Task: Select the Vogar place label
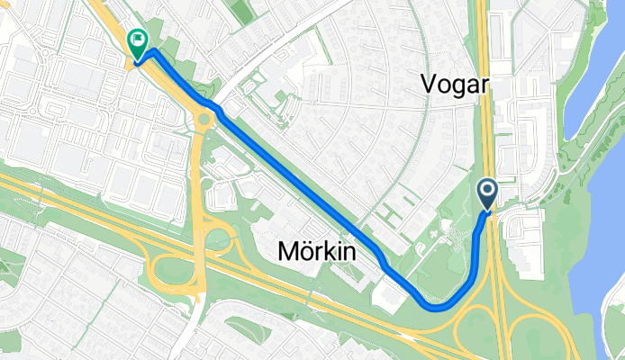pyautogui.click(x=455, y=85)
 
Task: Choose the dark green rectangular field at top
pyautogui.click(x=241, y=11)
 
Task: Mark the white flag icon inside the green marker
pyautogui.click(x=137, y=39)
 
